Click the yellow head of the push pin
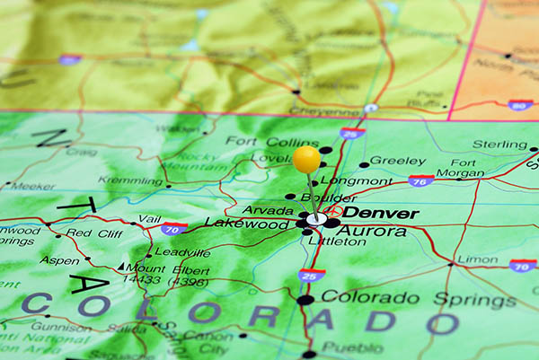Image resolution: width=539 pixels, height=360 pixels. coord(306,159)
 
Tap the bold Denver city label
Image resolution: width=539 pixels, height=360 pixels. coord(381,213)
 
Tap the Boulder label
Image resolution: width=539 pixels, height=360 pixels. coord(327,198)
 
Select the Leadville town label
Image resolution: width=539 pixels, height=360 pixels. coord(182,252)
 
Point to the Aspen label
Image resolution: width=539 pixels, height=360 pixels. coord(59,260)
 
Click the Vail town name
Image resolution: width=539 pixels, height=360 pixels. coord(150,218)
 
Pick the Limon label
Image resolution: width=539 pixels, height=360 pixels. coord(478,259)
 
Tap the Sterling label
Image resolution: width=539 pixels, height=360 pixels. coord(499,144)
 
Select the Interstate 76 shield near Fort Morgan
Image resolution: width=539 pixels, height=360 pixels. coord(418,181)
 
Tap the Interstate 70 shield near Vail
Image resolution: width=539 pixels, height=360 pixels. coord(175,229)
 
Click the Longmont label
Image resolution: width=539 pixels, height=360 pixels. coord(363,180)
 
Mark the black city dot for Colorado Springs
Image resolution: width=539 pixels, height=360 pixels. coord(305,299)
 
